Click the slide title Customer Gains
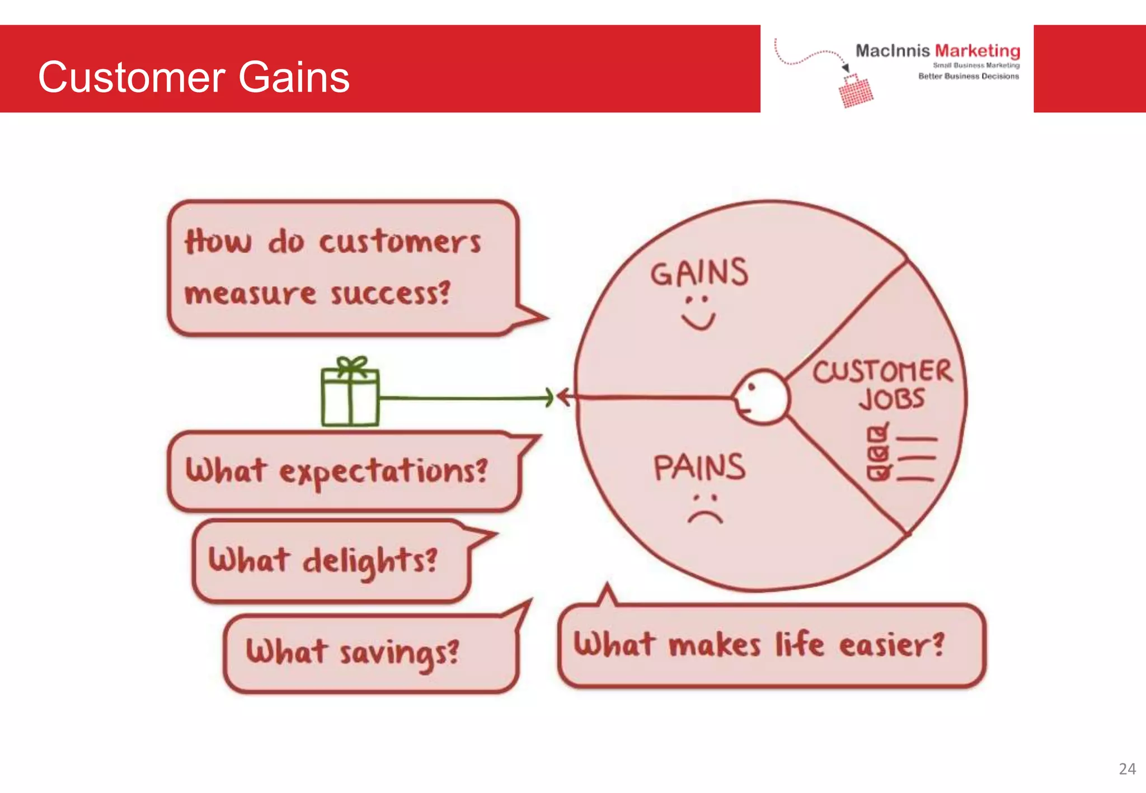click(194, 77)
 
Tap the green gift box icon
click(350, 394)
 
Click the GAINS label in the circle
click(699, 272)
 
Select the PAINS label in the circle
click(699, 468)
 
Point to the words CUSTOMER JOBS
click(883, 385)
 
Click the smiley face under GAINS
click(698, 313)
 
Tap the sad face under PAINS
click(705, 509)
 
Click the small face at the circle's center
click(761, 398)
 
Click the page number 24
click(1127, 769)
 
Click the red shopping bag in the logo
click(856, 92)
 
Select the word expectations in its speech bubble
click(383, 471)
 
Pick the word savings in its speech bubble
click(400, 653)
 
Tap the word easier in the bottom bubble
click(891, 645)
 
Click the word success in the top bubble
click(390, 293)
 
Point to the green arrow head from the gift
click(549, 398)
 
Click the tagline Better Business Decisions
click(968, 76)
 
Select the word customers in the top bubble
click(400, 243)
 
